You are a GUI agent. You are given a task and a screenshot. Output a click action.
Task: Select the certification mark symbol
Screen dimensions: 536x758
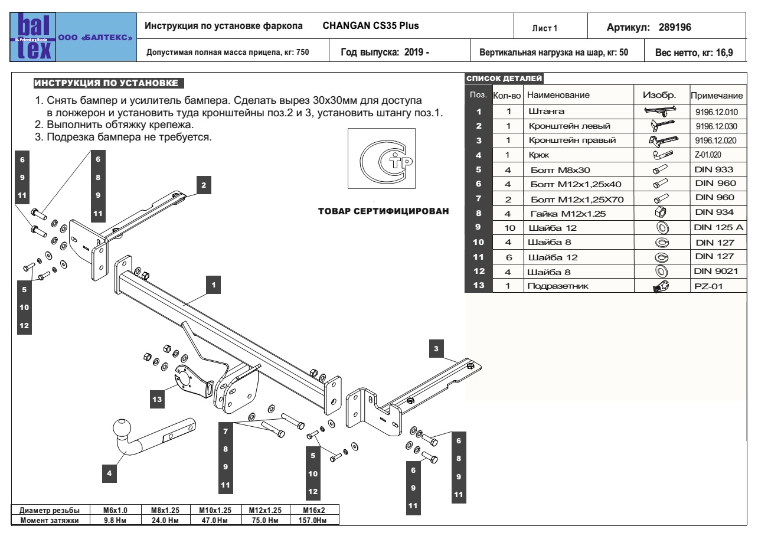click(380, 160)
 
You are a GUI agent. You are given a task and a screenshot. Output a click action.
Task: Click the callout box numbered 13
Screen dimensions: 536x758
click(158, 400)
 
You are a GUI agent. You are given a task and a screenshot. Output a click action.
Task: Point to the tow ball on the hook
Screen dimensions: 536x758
click(123, 427)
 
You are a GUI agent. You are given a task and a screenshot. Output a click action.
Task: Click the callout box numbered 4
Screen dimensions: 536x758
click(109, 472)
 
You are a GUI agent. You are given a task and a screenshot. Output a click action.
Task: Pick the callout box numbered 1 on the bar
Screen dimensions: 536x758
click(215, 285)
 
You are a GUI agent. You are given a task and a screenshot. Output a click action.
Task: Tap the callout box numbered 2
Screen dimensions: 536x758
click(203, 185)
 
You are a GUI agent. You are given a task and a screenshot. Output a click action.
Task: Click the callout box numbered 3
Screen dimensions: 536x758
click(436, 349)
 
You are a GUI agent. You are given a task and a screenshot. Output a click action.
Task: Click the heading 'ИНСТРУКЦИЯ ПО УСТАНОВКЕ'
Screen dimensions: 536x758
click(108, 82)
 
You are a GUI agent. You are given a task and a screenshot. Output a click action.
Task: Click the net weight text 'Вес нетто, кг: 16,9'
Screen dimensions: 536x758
click(698, 52)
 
